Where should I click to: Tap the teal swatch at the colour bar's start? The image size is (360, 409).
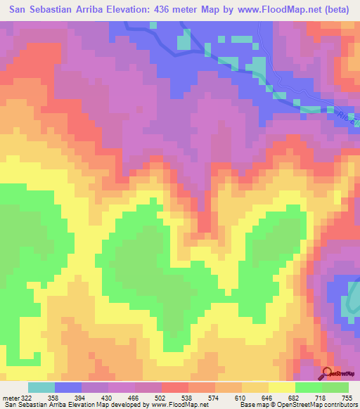[x=41, y=387]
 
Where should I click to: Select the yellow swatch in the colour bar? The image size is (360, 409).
[x=282, y=387]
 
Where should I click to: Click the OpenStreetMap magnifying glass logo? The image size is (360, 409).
[x=327, y=372]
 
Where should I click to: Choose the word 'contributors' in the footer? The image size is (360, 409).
[x=340, y=404]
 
